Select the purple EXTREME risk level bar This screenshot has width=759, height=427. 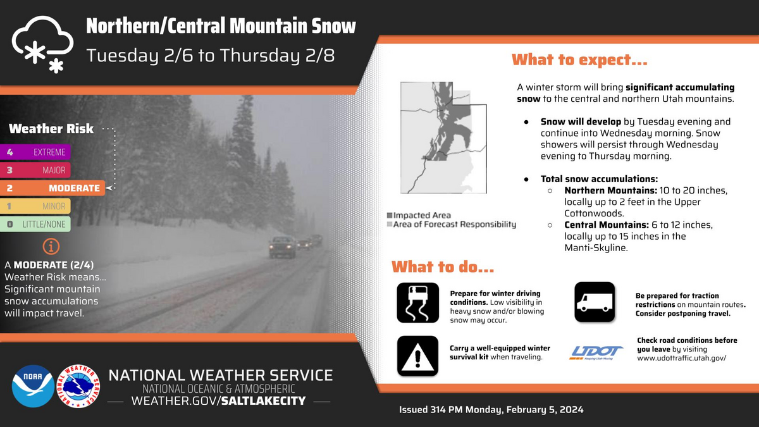(x=35, y=152)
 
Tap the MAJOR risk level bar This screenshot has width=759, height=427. (x=35, y=170)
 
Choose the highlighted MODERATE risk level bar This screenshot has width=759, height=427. (x=52, y=188)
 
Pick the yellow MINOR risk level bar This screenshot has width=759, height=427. (x=35, y=206)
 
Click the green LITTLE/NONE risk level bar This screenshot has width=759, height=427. (x=35, y=224)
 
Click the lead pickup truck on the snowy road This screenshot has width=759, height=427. (x=282, y=247)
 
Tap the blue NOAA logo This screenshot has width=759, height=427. (x=33, y=386)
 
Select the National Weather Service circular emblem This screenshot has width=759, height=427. (x=78, y=386)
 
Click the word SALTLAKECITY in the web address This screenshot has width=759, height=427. (x=263, y=401)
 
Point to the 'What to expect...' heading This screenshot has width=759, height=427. (x=579, y=60)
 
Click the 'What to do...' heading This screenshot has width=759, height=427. (x=443, y=267)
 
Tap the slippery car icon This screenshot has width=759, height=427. (x=418, y=302)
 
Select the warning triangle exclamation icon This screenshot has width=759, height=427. (x=418, y=356)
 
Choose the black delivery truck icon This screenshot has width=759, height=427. (x=595, y=302)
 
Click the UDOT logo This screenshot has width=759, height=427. (x=596, y=353)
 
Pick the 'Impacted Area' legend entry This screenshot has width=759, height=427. (x=419, y=215)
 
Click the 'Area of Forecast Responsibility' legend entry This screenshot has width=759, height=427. (x=452, y=225)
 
